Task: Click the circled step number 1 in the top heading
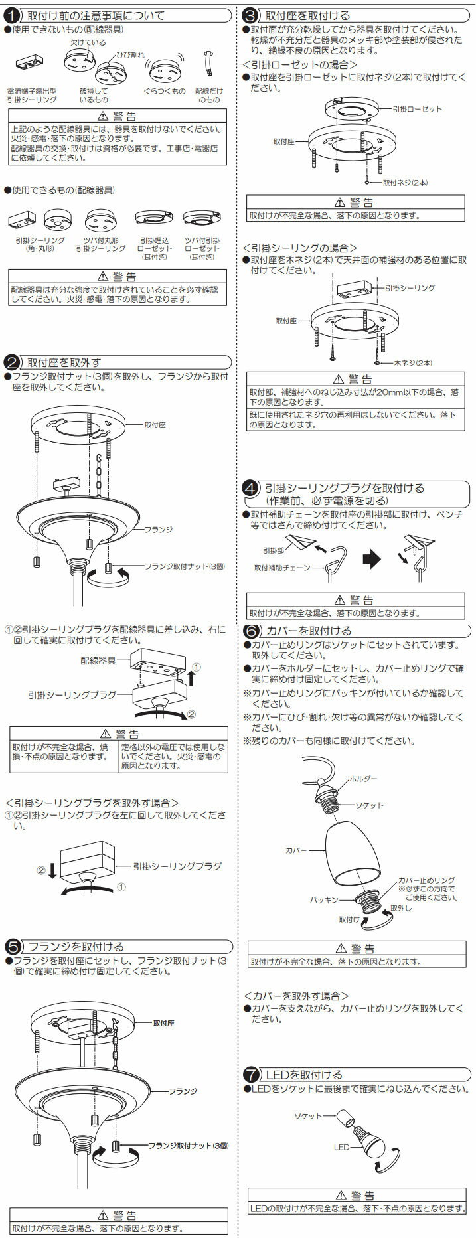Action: pos(11,15)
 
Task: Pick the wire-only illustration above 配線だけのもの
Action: pos(208,65)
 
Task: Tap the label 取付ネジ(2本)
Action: pos(405,182)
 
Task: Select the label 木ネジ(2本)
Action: pos(413,363)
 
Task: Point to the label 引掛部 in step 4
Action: pos(274,550)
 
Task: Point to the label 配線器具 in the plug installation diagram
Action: pos(98,661)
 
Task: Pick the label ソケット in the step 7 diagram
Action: pos(307,1116)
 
